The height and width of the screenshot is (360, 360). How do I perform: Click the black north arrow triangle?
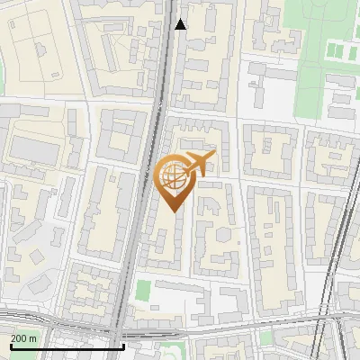pos(180,24)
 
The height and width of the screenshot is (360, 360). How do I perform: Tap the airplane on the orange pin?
pos(197,164)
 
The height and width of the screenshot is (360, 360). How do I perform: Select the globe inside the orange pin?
pos(174,177)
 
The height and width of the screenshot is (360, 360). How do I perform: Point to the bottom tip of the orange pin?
pos(174,212)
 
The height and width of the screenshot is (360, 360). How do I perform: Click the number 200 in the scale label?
pos(18,338)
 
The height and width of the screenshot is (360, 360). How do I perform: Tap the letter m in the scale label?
pos(33,338)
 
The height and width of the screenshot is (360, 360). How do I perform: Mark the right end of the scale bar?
pos(122,346)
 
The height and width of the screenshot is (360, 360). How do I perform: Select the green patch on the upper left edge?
pos(3,76)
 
